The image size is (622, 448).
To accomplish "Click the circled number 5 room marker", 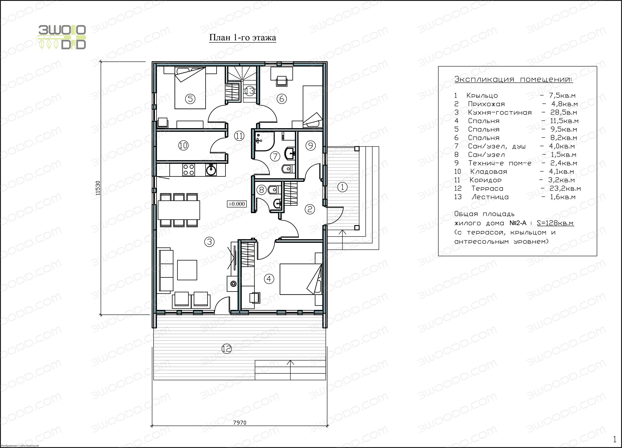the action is [x=190, y=99].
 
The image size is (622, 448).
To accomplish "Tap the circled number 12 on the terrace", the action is [x=226, y=349].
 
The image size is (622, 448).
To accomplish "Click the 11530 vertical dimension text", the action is [x=98, y=188].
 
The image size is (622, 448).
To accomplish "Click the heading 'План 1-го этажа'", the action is [x=242, y=38].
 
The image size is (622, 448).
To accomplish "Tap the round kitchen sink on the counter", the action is [x=211, y=170].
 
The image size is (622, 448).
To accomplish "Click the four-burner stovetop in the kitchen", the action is [x=189, y=170].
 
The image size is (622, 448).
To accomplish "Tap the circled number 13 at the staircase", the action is [x=250, y=90].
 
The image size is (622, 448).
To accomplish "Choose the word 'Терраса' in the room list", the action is [x=487, y=189].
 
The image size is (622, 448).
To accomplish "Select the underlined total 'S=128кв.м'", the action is [x=555, y=223].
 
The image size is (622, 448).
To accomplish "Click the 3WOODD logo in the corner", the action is [x=62, y=37].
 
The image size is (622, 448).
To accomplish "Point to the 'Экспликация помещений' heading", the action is [x=514, y=79].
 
